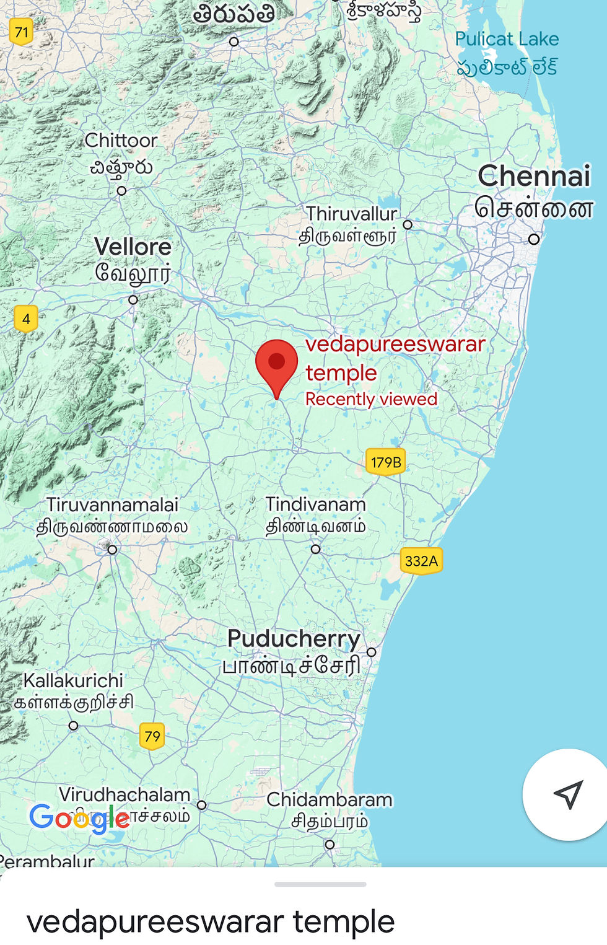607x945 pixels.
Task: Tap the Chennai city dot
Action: click(x=534, y=239)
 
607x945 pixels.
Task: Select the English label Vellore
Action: click(x=133, y=247)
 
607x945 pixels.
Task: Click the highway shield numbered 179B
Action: click(x=386, y=462)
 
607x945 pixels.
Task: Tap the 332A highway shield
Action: click(x=421, y=561)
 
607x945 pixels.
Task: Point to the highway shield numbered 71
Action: click(x=22, y=32)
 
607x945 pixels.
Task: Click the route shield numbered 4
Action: click(x=26, y=319)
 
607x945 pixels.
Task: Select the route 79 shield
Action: click(x=152, y=736)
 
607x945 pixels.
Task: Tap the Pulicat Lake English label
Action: click(x=507, y=39)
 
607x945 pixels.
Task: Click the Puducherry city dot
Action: click(x=372, y=652)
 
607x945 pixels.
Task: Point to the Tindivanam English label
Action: click(x=315, y=504)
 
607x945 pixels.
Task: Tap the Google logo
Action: click(x=79, y=818)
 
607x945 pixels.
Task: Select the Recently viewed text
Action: click(x=371, y=399)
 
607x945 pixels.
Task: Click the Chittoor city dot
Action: click(x=122, y=191)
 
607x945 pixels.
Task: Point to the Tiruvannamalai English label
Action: click(x=112, y=504)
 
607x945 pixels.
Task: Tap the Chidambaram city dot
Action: click(x=330, y=844)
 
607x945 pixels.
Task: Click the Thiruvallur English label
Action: click(x=351, y=214)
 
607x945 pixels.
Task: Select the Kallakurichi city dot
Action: click(x=74, y=725)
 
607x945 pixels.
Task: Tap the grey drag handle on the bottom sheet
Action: click(x=320, y=884)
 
